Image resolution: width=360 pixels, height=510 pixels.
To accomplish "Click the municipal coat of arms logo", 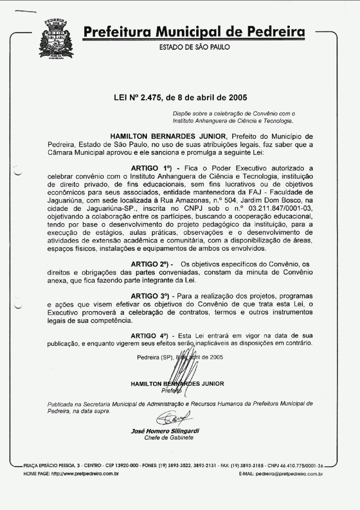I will (57, 40).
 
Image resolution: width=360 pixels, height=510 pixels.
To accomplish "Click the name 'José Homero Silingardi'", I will (165, 431).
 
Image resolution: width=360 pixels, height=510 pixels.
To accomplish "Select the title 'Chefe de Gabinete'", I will (169, 438).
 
